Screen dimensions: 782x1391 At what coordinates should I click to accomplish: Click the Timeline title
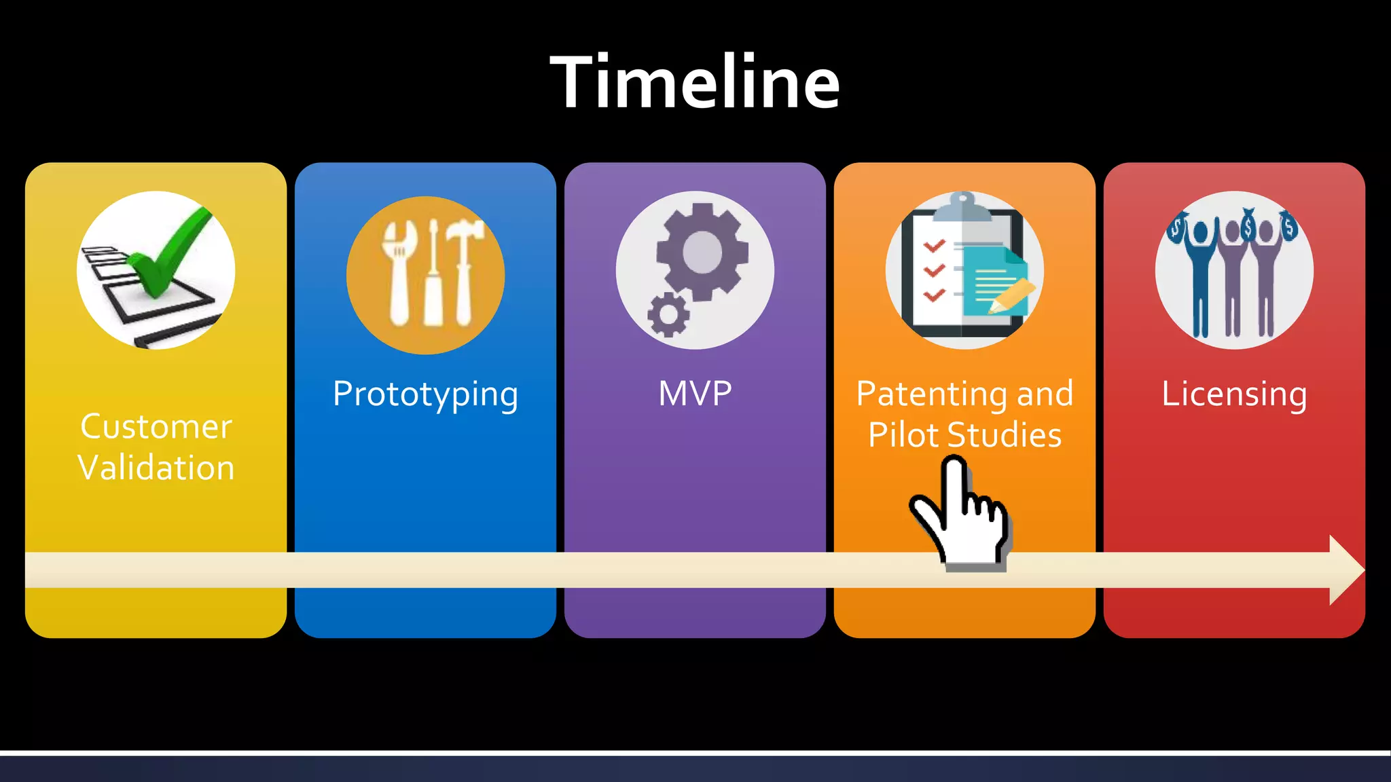(x=695, y=82)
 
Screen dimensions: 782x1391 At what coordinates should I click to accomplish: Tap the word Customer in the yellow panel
(x=156, y=426)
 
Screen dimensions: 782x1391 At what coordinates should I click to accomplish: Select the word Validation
(x=156, y=468)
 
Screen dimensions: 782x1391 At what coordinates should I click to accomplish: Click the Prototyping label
(x=425, y=394)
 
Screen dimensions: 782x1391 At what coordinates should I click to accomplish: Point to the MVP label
(x=695, y=393)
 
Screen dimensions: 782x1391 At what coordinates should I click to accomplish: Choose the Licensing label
(x=1233, y=394)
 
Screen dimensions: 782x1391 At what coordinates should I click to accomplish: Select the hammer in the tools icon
(x=465, y=272)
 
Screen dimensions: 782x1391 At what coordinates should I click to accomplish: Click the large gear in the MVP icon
(x=702, y=252)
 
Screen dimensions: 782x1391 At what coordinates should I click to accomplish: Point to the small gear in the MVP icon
(x=668, y=314)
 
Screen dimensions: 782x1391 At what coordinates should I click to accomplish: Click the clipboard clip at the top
(x=962, y=206)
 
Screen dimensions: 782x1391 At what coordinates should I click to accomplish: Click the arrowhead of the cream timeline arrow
(x=1345, y=570)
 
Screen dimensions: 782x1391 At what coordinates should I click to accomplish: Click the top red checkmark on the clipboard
(x=935, y=246)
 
